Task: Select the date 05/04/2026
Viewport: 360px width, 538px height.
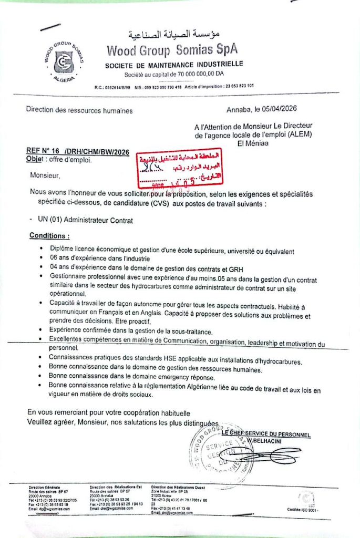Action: (279, 110)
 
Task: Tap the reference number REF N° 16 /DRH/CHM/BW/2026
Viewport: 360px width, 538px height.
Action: (77, 152)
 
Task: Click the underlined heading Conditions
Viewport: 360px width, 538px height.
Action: (49, 236)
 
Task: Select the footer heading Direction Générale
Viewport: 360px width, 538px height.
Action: (44, 488)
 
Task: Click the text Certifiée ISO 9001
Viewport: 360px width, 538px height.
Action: (303, 510)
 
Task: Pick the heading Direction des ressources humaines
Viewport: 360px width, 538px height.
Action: (79, 110)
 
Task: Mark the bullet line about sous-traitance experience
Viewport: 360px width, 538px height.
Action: (124, 331)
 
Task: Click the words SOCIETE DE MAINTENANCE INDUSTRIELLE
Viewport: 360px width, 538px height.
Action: (173, 65)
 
